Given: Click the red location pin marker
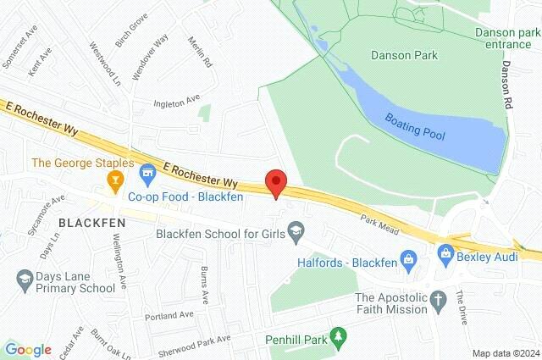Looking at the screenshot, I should coord(276,183).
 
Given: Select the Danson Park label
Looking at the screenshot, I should coord(404,55).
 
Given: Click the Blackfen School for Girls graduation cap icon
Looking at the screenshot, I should coord(296,230).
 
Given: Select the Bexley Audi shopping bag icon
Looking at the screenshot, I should coord(445,251).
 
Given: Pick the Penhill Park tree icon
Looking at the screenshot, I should coord(338,339).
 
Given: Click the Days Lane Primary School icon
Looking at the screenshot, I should coord(23,277).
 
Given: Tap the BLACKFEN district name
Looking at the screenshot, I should coord(92,222).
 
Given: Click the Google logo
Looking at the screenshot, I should coord(28,349).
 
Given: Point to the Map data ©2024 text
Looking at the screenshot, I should coord(506,353).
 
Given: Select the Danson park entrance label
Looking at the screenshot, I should coord(507,38).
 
